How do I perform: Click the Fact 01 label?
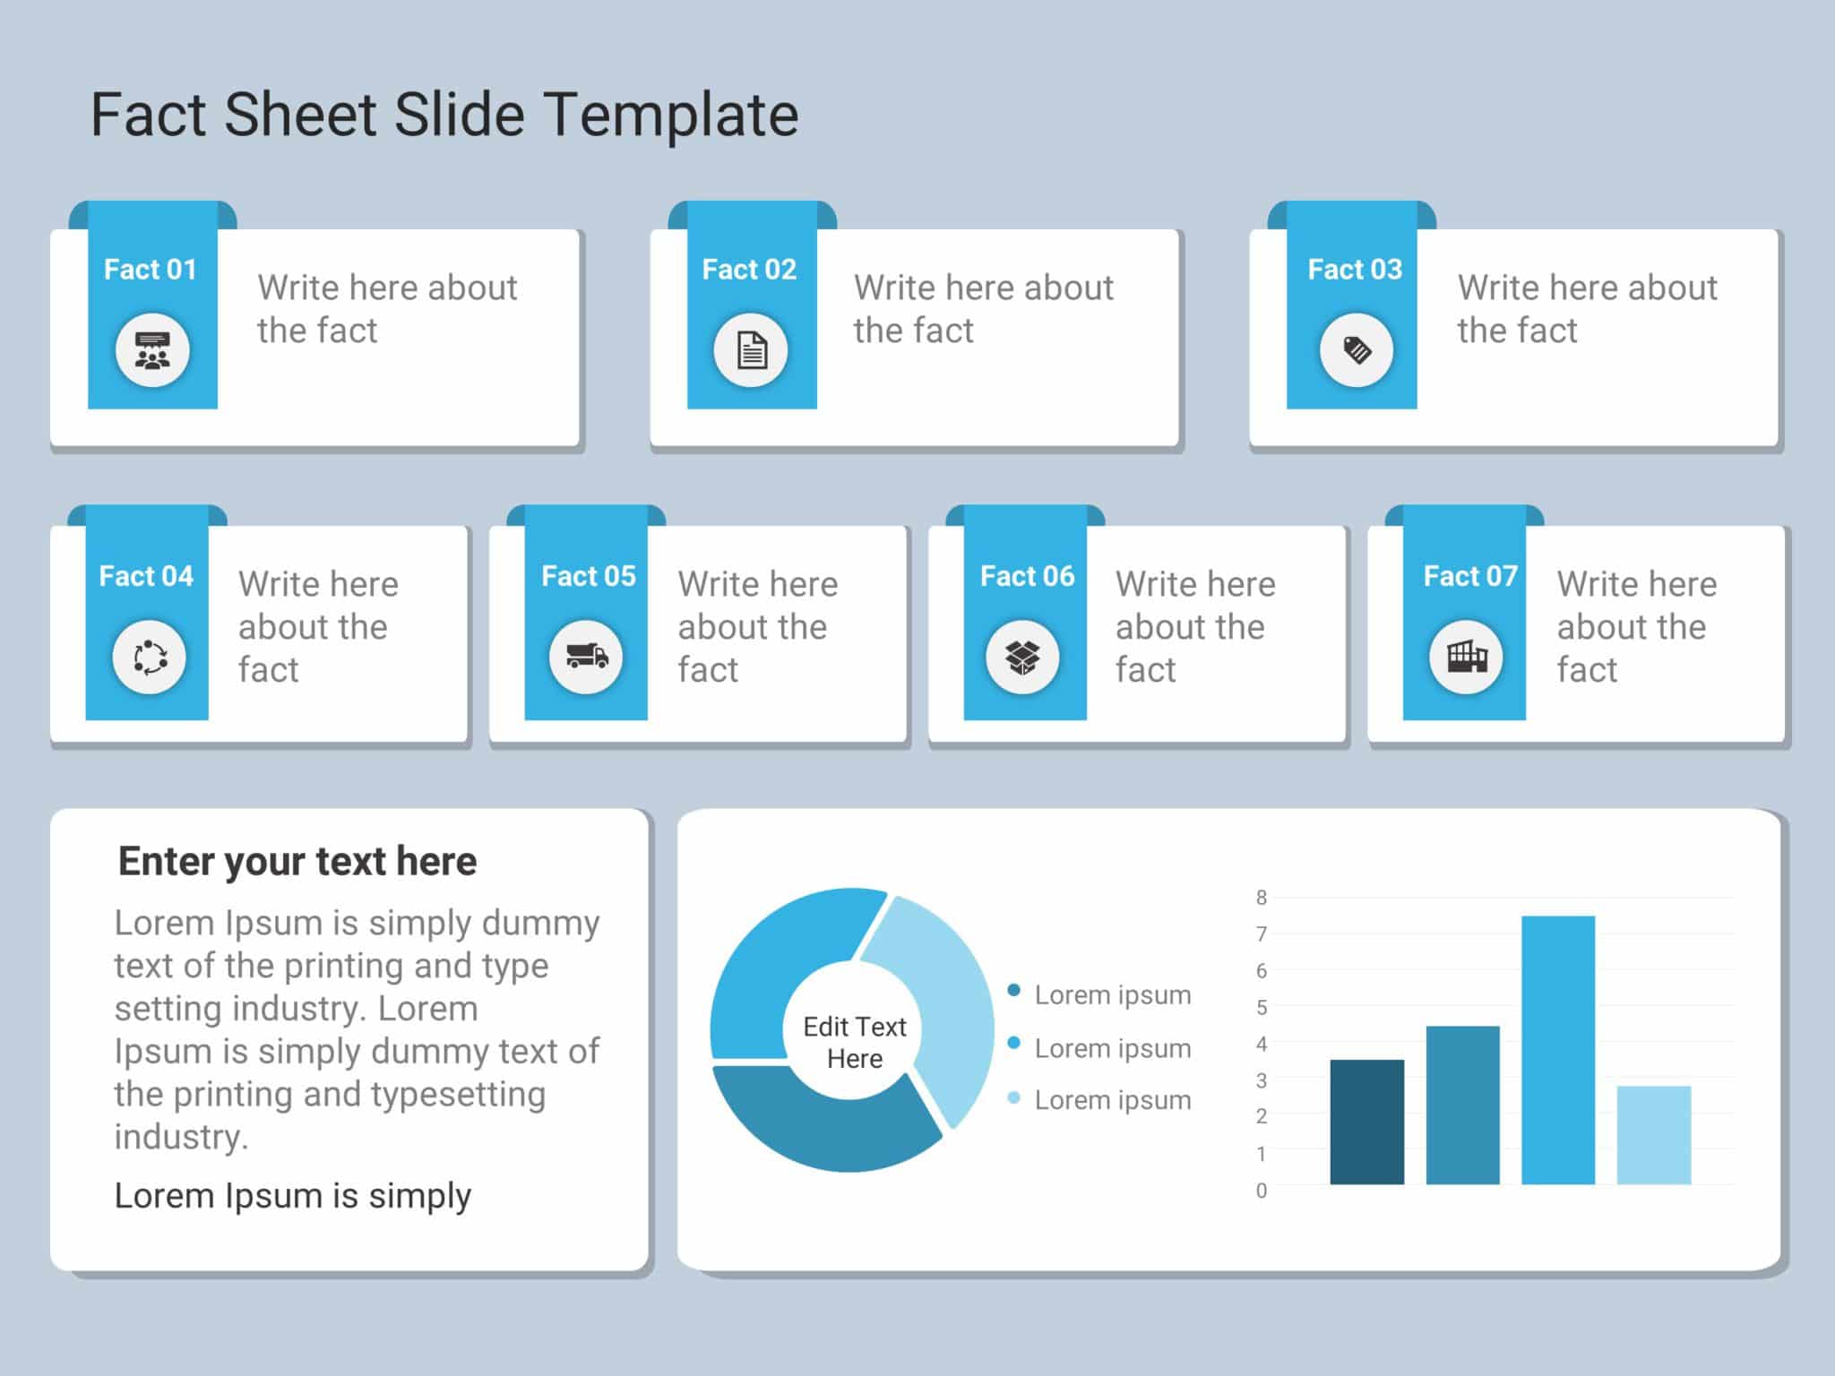coord(150,270)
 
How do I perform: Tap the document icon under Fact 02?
coord(751,350)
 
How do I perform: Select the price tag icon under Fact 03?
coord(1357,350)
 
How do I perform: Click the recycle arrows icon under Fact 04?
coord(150,658)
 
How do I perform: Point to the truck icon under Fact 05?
coord(586,658)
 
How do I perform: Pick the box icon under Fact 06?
coord(1022,658)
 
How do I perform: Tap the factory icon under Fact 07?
coord(1466,658)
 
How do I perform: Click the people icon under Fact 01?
coord(152,350)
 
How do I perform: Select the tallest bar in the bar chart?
coord(1557,1049)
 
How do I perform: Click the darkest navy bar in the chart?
coord(1366,1122)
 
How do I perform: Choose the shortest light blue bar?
coord(1653,1135)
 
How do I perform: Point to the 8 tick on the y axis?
coord(1262,897)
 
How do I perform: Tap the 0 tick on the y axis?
coord(1262,1191)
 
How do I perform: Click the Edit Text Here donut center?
coord(854,1042)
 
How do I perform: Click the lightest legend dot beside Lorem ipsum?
coord(1014,1098)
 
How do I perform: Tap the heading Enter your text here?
coord(297,861)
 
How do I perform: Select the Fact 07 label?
coord(1470,576)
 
